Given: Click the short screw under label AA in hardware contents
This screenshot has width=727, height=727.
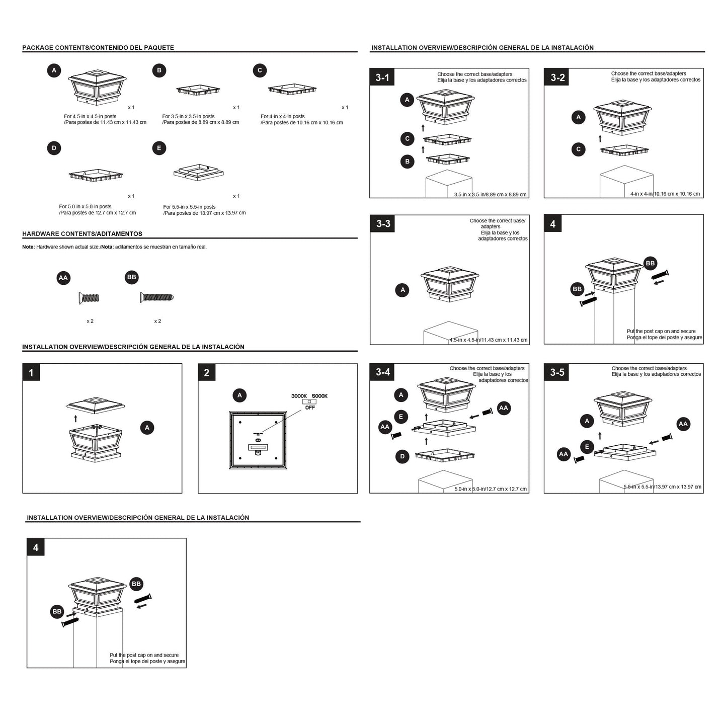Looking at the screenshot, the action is [89, 298].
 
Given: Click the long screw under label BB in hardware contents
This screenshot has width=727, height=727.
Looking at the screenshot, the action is [157, 297].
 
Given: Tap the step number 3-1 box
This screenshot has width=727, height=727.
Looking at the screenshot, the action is [382, 77].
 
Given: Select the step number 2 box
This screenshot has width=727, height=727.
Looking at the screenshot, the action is [207, 372].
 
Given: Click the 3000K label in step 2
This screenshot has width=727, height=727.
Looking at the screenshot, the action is [299, 396].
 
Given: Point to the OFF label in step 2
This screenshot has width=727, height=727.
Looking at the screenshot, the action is [310, 408].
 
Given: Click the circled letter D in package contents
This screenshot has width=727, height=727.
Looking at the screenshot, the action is [54, 148].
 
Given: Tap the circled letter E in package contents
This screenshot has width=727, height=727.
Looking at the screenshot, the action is [159, 148].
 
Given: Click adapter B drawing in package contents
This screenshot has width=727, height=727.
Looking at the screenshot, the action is [198, 90].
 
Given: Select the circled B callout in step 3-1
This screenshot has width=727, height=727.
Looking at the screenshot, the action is [407, 161].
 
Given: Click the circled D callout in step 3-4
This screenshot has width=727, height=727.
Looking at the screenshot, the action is [402, 456].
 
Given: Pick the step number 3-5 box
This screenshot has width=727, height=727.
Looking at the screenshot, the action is [557, 372].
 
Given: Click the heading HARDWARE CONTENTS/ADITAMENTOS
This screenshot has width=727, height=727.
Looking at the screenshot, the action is [82, 234].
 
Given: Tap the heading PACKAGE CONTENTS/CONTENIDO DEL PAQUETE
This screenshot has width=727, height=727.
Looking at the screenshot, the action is [98, 48].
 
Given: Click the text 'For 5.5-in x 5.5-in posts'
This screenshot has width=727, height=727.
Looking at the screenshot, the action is [189, 207].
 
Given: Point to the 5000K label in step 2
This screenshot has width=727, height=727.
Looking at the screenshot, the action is [319, 396].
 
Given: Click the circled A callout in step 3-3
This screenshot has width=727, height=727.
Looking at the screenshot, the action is [402, 290].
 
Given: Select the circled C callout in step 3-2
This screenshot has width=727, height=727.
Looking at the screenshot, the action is [579, 149].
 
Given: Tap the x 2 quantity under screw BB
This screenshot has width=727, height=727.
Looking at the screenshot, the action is [157, 321].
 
